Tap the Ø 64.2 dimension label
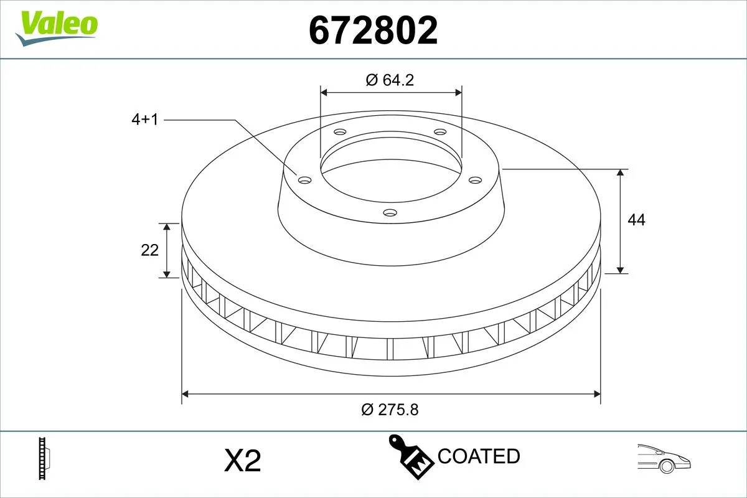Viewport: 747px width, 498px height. point(390,80)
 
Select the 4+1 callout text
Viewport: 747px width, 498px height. point(144,120)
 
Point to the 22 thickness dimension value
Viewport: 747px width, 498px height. point(150,250)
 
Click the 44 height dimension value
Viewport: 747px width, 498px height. point(636,220)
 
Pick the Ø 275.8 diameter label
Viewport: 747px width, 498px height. point(390,410)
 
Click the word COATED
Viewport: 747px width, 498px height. point(479,456)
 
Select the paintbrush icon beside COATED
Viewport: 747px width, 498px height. point(411,457)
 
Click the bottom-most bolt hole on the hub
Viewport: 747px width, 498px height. point(390,214)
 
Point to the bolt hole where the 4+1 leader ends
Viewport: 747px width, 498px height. point(304,181)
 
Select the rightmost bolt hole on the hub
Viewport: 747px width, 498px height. point(476,180)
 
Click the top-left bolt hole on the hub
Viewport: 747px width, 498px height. point(340,132)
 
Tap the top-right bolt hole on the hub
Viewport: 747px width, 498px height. point(440,132)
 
